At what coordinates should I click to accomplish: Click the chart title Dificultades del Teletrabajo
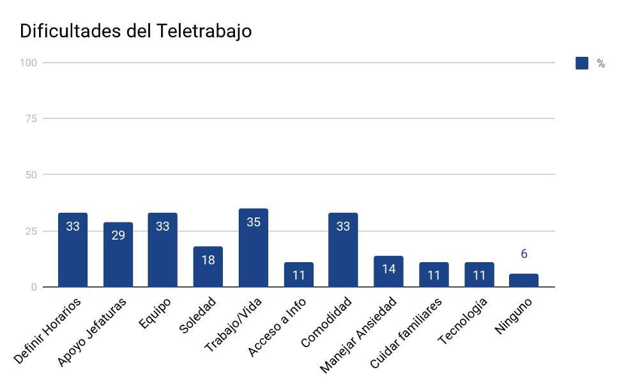click(x=135, y=31)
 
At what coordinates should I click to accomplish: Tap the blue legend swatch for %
click(x=582, y=63)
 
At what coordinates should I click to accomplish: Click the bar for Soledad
click(x=208, y=267)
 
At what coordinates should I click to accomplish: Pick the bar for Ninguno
click(x=524, y=281)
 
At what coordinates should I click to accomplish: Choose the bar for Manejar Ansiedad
click(x=388, y=272)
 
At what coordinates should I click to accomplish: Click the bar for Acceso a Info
click(x=299, y=275)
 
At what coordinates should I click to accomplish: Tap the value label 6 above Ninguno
click(x=524, y=254)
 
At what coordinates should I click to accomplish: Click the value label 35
click(x=254, y=222)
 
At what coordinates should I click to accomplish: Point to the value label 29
click(x=118, y=235)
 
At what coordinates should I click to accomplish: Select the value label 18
click(x=208, y=260)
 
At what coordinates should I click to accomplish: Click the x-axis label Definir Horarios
click(x=49, y=331)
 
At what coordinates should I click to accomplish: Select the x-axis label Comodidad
click(x=326, y=322)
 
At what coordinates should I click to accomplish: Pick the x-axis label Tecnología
click(x=464, y=321)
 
